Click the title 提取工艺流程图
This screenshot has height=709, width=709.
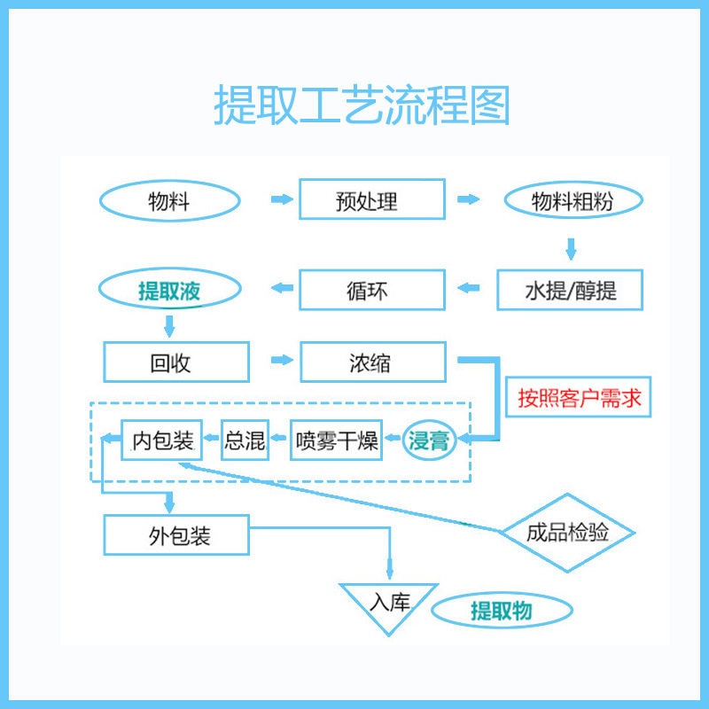[x=362, y=105]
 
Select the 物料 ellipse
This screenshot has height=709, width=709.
[x=169, y=201]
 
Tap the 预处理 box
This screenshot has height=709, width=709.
[x=370, y=199]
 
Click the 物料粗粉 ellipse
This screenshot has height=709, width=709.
[x=572, y=201]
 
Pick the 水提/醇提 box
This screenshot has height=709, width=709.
[x=570, y=290]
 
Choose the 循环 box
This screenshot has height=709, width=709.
[x=371, y=290]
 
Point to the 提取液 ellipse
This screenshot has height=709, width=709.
[x=169, y=290]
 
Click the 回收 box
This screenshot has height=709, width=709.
[x=175, y=362]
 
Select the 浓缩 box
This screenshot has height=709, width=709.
[x=371, y=362]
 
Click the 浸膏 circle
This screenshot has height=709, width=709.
[x=430, y=440]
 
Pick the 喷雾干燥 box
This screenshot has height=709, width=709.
[x=337, y=440]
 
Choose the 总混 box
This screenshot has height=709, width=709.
[x=245, y=440]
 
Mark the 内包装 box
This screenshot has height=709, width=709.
[x=161, y=440]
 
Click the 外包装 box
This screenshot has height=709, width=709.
[x=175, y=535]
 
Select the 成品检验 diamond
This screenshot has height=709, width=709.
[x=567, y=533]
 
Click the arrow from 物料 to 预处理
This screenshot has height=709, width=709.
[x=281, y=199]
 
